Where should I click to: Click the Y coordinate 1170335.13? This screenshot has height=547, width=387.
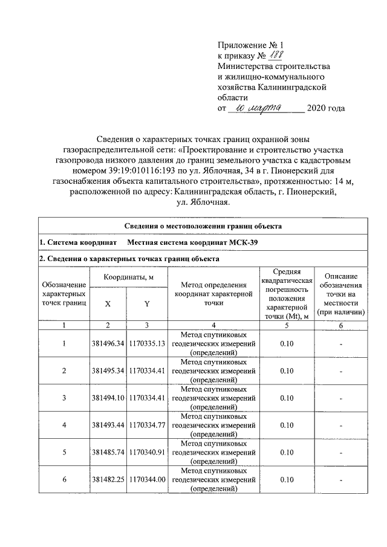tap(147, 344)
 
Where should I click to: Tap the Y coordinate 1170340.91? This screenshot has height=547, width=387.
tap(147, 453)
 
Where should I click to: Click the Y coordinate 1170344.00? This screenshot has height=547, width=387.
tap(147, 480)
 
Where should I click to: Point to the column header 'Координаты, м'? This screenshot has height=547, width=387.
tap(127, 277)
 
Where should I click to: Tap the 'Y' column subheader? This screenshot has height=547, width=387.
tap(147, 305)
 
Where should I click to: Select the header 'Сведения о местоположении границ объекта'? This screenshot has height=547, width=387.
tap(202, 226)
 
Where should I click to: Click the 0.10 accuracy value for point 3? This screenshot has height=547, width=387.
tap(287, 398)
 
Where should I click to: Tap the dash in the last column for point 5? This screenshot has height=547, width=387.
tap(341, 453)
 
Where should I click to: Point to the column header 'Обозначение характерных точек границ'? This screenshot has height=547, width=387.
tap(64, 293)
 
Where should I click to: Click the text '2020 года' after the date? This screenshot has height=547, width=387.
tap(327, 109)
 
